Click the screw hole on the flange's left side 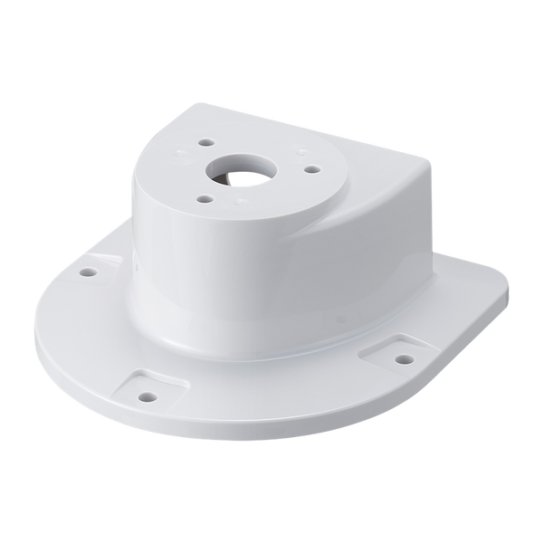pos(88,271)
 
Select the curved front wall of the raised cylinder pos(208,262)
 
